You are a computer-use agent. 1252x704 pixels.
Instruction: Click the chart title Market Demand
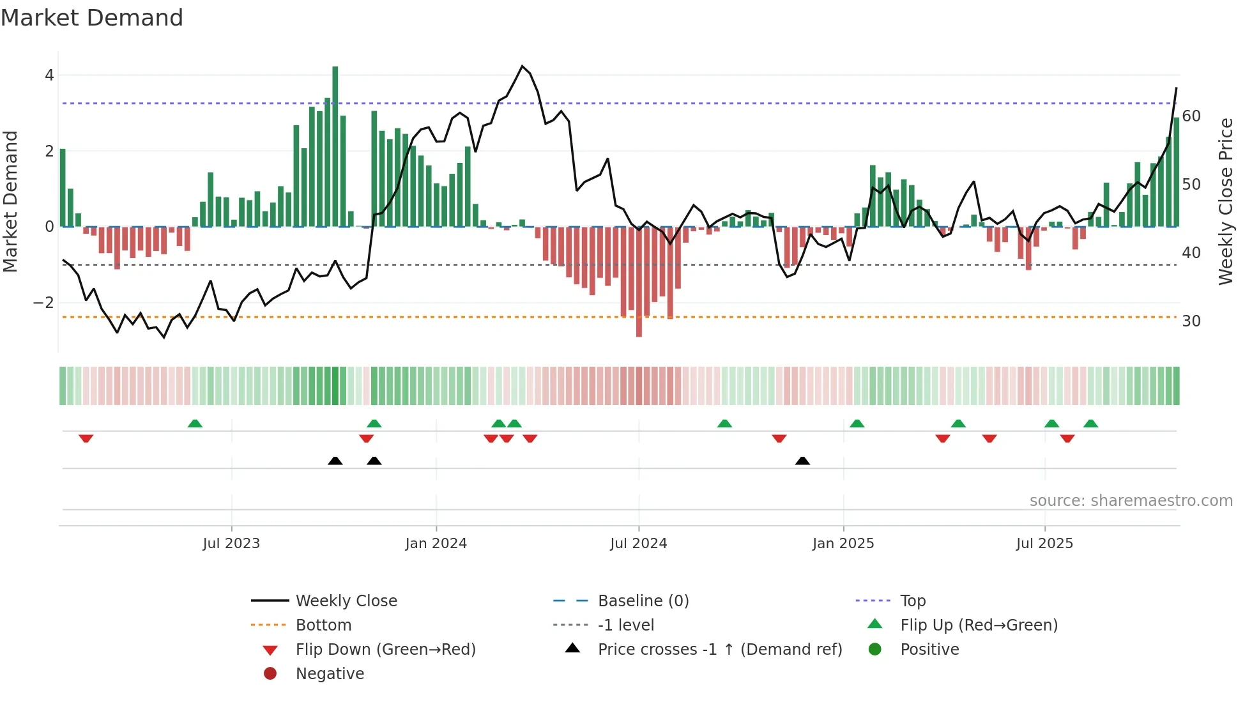pos(92,18)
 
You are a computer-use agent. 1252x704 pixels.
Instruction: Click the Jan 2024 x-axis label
pos(436,544)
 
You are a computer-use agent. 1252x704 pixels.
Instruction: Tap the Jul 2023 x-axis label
pos(231,544)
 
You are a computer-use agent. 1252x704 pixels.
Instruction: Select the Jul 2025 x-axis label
pos(1044,544)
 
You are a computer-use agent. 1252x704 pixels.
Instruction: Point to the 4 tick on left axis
pos(49,75)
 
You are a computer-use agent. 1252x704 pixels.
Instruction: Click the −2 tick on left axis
pos(44,302)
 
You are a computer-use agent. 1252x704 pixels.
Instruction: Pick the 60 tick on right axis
pos(1191,116)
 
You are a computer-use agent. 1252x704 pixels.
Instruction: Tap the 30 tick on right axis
pos(1191,321)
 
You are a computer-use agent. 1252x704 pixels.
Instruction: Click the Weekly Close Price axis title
pos(1225,201)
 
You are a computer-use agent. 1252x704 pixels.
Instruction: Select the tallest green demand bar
pos(335,147)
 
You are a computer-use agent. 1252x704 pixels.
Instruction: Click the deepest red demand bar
pos(639,281)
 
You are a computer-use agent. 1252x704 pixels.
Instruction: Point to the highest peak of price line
pos(523,66)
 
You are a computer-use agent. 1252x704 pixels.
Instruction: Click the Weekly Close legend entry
pos(346,601)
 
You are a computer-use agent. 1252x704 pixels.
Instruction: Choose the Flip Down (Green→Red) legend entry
pos(385,649)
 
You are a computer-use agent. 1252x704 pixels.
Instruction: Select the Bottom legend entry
pos(323,625)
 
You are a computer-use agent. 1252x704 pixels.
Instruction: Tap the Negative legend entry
pos(330,673)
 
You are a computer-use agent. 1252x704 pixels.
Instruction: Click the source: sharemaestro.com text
pos(1131,500)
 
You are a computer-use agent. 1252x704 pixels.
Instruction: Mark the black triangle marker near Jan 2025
pos(802,461)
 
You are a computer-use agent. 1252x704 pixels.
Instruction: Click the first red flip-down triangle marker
pos(86,438)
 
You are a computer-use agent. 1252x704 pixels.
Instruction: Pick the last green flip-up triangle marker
pos(1091,424)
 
